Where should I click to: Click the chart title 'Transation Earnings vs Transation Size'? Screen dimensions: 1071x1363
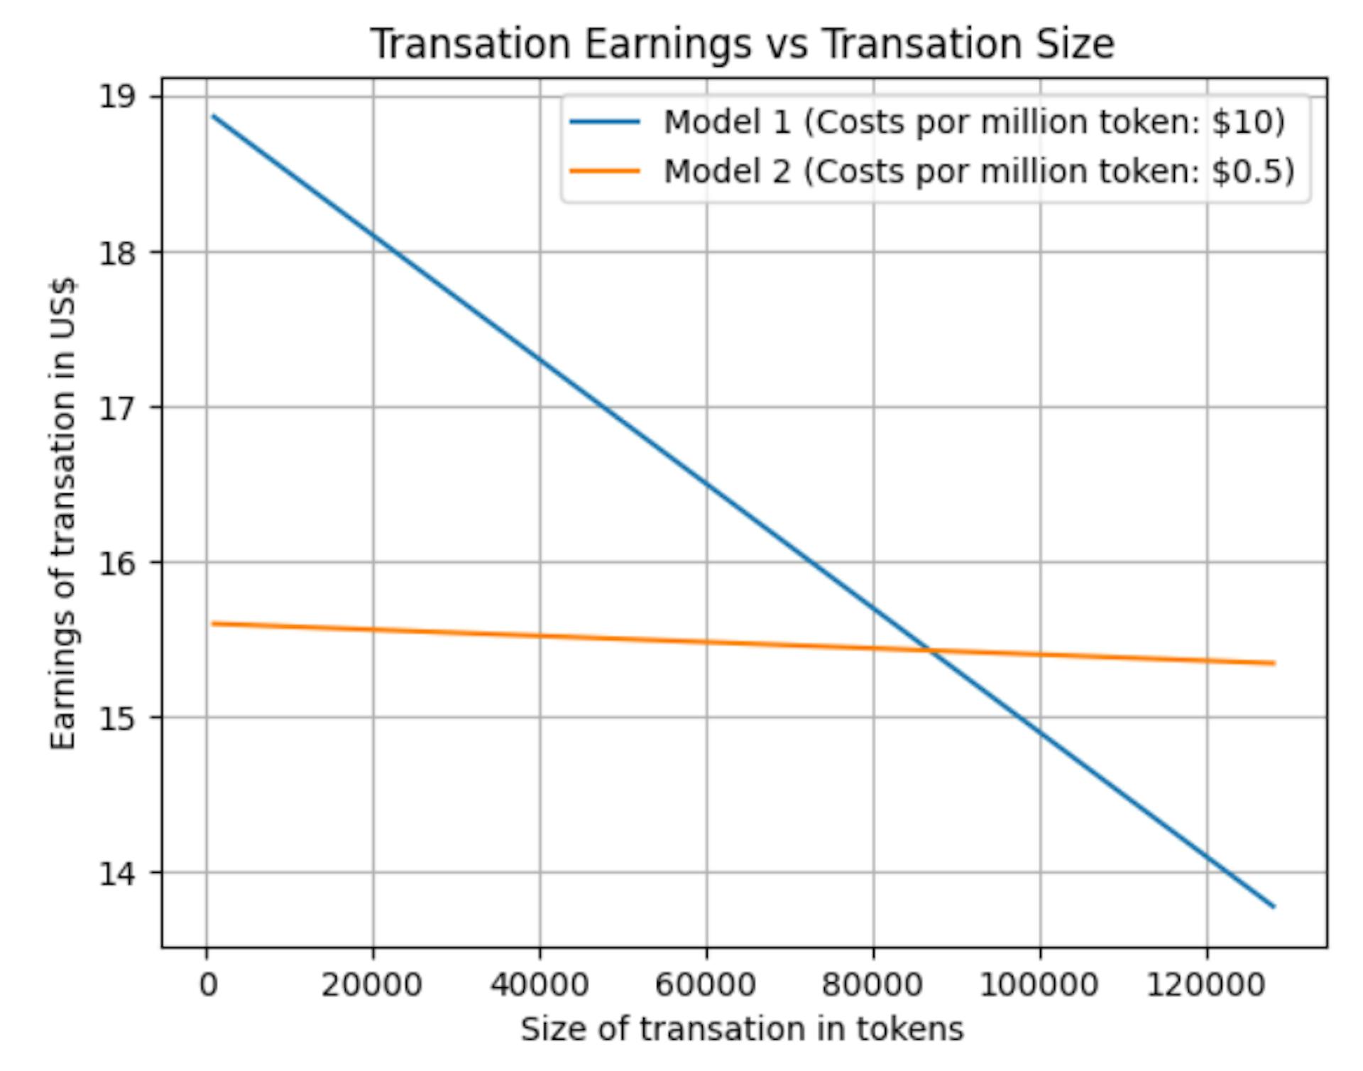pyautogui.click(x=743, y=44)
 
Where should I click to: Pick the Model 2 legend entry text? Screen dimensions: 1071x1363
pyautogui.click(x=979, y=171)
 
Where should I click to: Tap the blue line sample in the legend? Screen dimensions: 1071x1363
pyautogui.click(x=605, y=122)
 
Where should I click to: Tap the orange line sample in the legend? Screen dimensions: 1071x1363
pyautogui.click(x=605, y=171)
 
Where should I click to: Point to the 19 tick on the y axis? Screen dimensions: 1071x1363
pyautogui.click(x=118, y=97)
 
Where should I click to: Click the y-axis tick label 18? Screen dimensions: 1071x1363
pyautogui.click(x=118, y=252)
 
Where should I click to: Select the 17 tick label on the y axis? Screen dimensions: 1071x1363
pyautogui.click(x=118, y=407)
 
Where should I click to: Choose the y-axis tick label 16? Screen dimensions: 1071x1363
pyautogui.click(x=118, y=563)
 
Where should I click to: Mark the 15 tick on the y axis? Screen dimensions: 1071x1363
pyautogui.click(x=118, y=718)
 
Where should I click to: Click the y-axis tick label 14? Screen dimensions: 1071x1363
pyautogui.click(x=118, y=873)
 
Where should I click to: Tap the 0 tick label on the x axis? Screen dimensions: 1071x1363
pyautogui.click(x=207, y=985)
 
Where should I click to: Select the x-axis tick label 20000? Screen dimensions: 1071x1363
pyautogui.click(x=372, y=985)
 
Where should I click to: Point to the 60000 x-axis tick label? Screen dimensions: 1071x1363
pyautogui.click(x=706, y=985)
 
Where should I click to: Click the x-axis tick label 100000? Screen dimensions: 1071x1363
pyautogui.click(x=1039, y=985)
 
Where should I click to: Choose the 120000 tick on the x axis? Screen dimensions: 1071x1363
pyautogui.click(x=1206, y=985)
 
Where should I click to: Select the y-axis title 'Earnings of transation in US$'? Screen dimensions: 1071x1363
pyautogui.click(x=64, y=512)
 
